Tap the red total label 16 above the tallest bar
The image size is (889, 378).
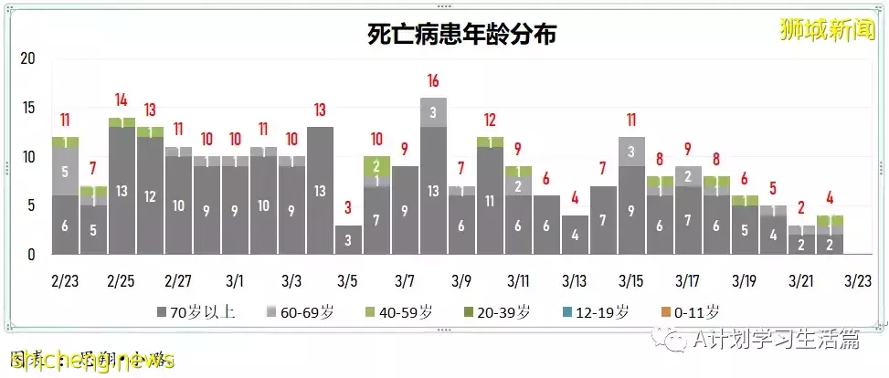[x=433, y=80]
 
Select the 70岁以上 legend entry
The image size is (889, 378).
[x=196, y=312]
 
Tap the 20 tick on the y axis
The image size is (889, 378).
[x=27, y=58]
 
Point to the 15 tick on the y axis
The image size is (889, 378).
[x=27, y=108]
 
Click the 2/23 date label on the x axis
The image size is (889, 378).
[x=65, y=278]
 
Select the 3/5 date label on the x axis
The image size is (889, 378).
[x=348, y=278]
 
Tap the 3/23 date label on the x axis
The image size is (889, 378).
[x=859, y=278]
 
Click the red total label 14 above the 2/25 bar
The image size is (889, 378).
[x=122, y=100]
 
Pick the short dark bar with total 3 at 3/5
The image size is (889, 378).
[x=348, y=239]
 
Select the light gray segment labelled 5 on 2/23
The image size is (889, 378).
[x=65, y=171]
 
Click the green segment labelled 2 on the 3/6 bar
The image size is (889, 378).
[x=376, y=165]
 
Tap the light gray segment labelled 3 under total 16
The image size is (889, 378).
[x=433, y=112]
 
